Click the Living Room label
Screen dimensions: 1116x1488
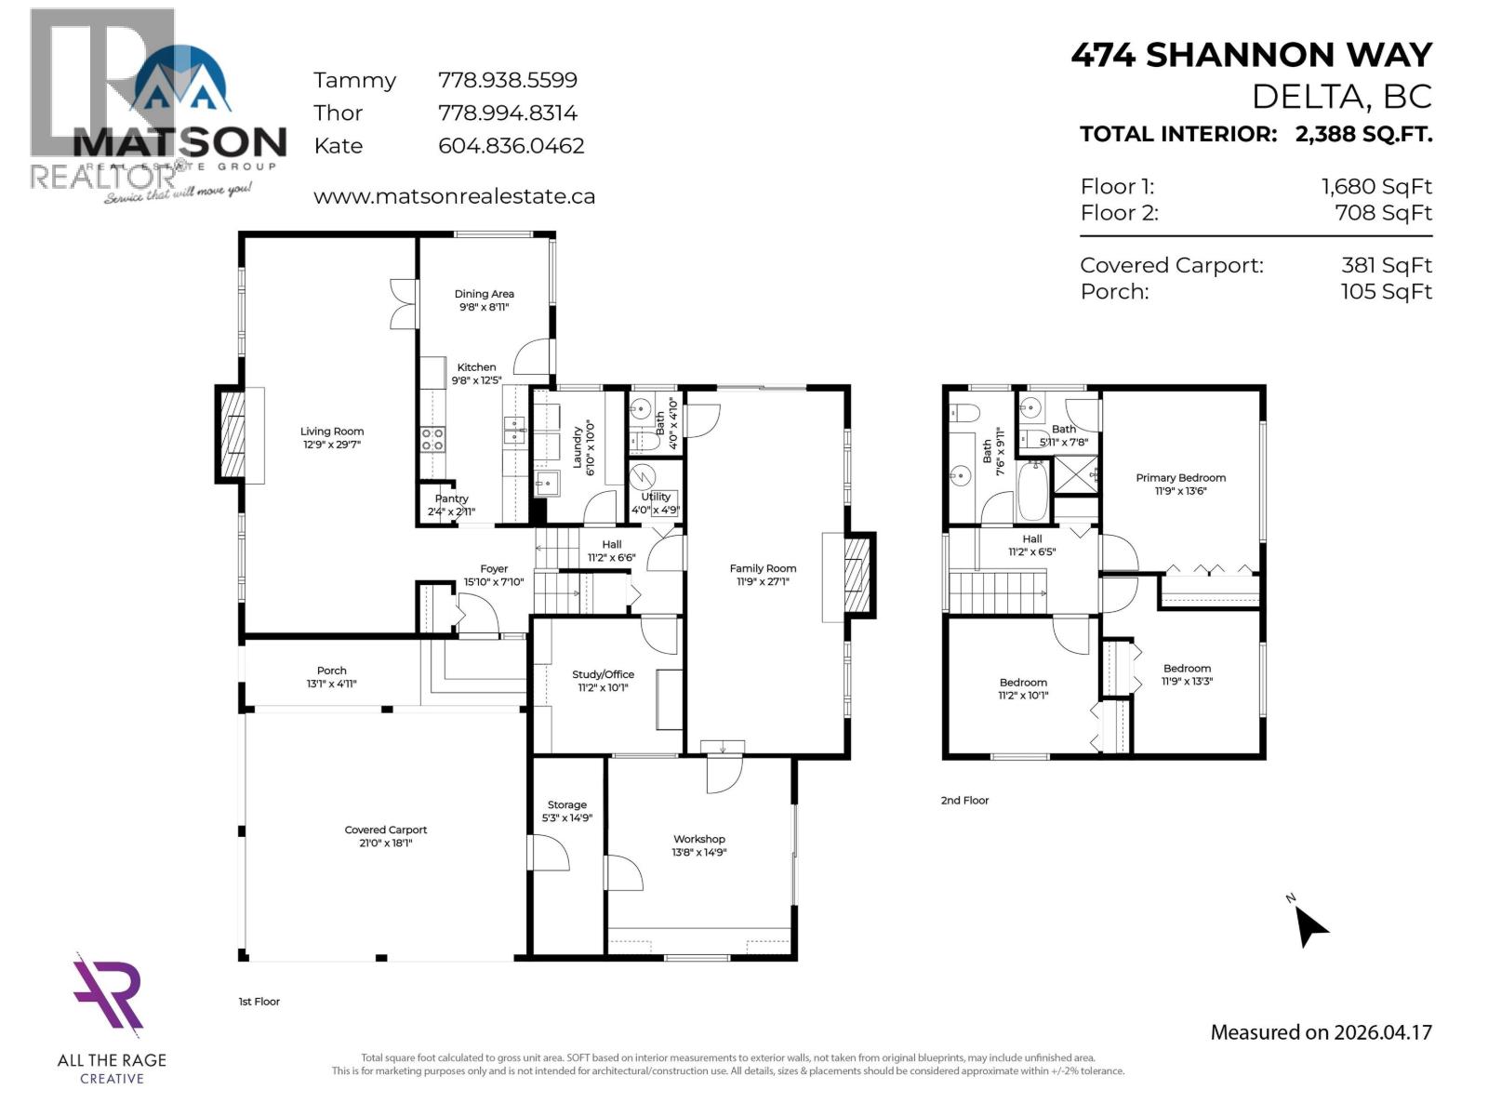pyautogui.click(x=332, y=432)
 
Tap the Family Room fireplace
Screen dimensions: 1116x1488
pyautogui.click(x=858, y=577)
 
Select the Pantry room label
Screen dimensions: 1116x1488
pyautogui.click(x=452, y=499)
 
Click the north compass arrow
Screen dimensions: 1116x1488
pyautogui.click(x=1310, y=924)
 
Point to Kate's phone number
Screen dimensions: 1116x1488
pyautogui.click(x=511, y=146)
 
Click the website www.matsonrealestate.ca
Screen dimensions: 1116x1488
pyautogui.click(x=454, y=197)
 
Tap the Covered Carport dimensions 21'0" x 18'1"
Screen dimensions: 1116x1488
pyautogui.click(x=385, y=844)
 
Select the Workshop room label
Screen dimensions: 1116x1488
pyautogui.click(x=699, y=839)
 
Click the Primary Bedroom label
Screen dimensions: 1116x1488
pyautogui.click(x=1180, y=478)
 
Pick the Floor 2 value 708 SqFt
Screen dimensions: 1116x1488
pyautogui.click(x=1383, y=213)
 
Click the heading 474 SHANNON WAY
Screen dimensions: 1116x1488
pyautogui.click(x=1251, y=56)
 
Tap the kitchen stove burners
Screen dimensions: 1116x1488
pyautogui.click(x=432, y=439)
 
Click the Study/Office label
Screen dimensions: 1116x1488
pyautogui.click(x=603, y=675)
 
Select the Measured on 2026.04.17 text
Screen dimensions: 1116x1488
pyautogui.click(x=1321, y=1032)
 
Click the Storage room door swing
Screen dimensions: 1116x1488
pyautogui.click(x=547, y=851)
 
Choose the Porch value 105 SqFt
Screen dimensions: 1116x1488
pyautogui.click(x=1386, y=292)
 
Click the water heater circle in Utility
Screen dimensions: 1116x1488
pyautogui.click(x=643, y=477)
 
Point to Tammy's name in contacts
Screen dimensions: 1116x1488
pyautogui.click(x=354, y=81)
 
